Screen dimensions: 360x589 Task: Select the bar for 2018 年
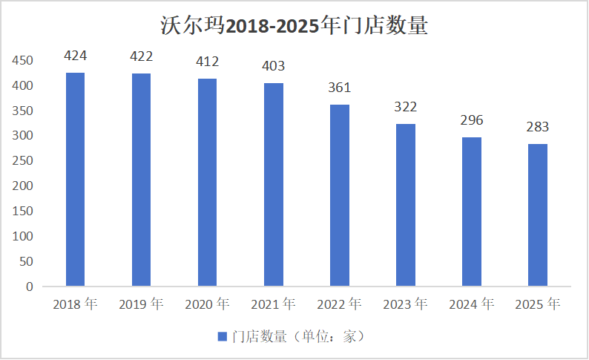click(x=75, y=179)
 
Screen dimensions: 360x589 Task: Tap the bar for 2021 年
click(x=273, y=184)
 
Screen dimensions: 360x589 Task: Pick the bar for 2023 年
click(x=405, y=205)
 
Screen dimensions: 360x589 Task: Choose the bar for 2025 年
click(x=537, y=215)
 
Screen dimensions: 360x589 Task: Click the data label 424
click(x=75, y=56)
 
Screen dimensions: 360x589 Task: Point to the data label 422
click(x=141, y=56)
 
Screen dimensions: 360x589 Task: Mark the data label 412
click(x=207, y=62)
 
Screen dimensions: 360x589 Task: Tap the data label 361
click(x=339, y=88)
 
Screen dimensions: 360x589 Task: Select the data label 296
click(x=471, y=120)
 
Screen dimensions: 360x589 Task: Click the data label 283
click(x=537, y=127)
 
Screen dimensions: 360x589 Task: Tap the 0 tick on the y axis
click(x=30, y=287)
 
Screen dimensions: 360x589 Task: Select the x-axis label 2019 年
click(x=141, y=304)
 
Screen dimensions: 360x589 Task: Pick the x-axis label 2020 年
click(x=207, y=304)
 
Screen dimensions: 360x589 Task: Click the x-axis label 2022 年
click(x=339, y=304)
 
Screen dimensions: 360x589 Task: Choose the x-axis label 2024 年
click(x=471, y=304)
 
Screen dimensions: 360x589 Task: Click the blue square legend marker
click(x=222, y=337)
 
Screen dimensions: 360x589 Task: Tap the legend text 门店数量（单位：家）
click(x=297, y=337)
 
